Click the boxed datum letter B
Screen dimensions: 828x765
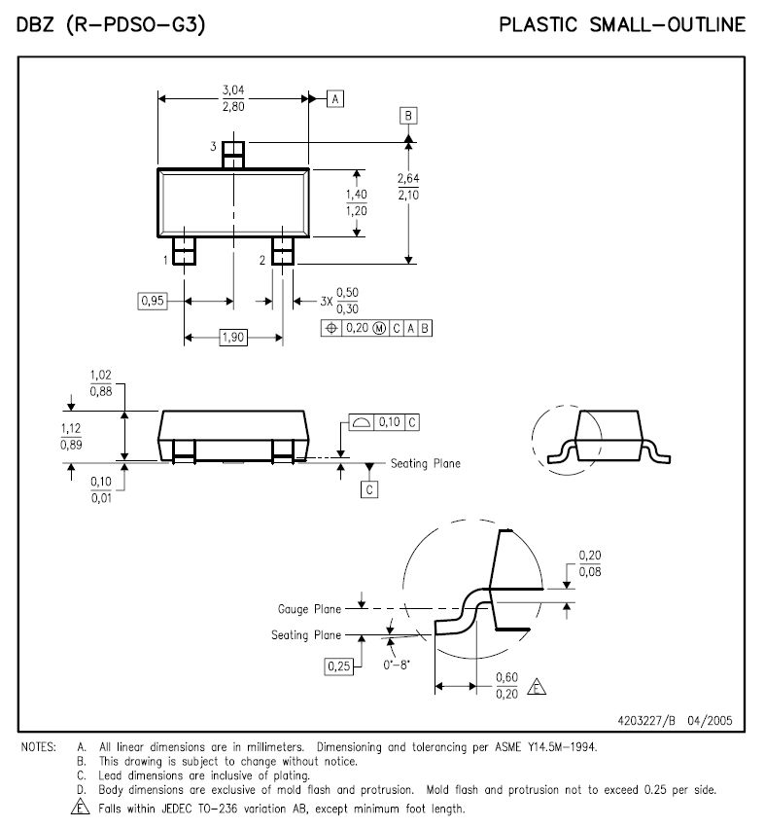[409, 116]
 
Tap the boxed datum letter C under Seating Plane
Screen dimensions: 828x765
[369, 489]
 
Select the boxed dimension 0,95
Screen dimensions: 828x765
[153, 302]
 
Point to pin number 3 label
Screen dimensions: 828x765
[212, 146]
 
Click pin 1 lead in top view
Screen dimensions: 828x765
[185, 251]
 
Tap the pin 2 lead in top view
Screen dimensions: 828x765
[282, 251]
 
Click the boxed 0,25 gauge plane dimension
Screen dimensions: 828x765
[338, 666]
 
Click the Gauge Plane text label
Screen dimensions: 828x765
[309, 609]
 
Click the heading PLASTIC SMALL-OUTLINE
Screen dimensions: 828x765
[622, 25]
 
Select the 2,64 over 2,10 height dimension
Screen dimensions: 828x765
[409, 186]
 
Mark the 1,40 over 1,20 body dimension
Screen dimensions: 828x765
[357, 202]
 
